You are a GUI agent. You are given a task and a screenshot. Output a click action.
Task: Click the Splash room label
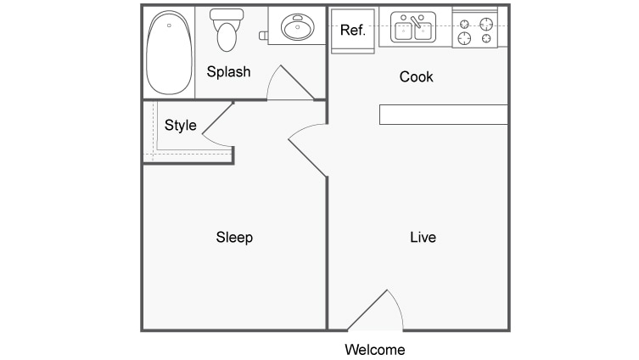(228, 71)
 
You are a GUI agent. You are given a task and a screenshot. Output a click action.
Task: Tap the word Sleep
(234, 237)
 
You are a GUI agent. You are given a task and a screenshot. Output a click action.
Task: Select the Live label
(423, 237)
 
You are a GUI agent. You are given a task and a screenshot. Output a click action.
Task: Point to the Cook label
(416, 77)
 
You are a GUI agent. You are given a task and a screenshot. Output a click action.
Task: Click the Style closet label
(180, 126)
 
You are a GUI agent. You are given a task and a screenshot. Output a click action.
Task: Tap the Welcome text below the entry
(374, 349)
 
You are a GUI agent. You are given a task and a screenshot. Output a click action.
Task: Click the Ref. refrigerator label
(352, 31)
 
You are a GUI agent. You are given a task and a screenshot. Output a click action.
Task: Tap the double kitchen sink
(413, 30)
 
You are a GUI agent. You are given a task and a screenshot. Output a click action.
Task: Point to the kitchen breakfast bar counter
(443, 115)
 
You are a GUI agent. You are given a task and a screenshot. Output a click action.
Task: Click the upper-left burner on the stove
(464, 23)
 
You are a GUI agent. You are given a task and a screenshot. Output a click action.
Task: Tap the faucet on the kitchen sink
(415, 19)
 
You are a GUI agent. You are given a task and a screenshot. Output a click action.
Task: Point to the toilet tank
(227, 15)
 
